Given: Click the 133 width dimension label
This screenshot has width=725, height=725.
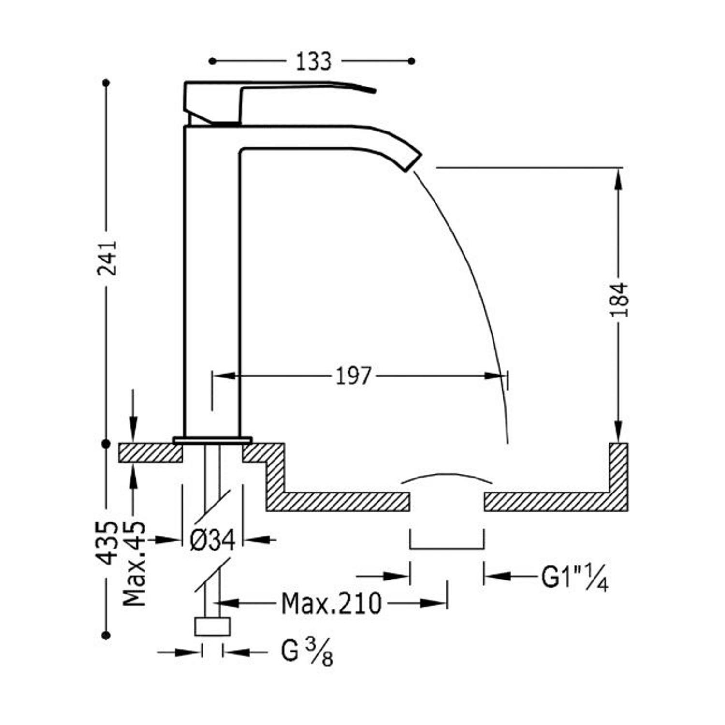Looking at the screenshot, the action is [313, 61].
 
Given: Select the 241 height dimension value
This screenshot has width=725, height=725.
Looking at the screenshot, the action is [107, 258].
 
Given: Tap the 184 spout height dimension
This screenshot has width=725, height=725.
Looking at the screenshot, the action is [619, 300].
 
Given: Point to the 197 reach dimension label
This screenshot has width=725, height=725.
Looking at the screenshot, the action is [354, 376].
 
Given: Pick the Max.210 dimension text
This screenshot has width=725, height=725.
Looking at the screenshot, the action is [332, 603].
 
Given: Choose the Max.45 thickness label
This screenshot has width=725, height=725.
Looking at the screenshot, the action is [134, 563].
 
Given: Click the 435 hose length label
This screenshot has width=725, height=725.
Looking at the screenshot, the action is [107, 543].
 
